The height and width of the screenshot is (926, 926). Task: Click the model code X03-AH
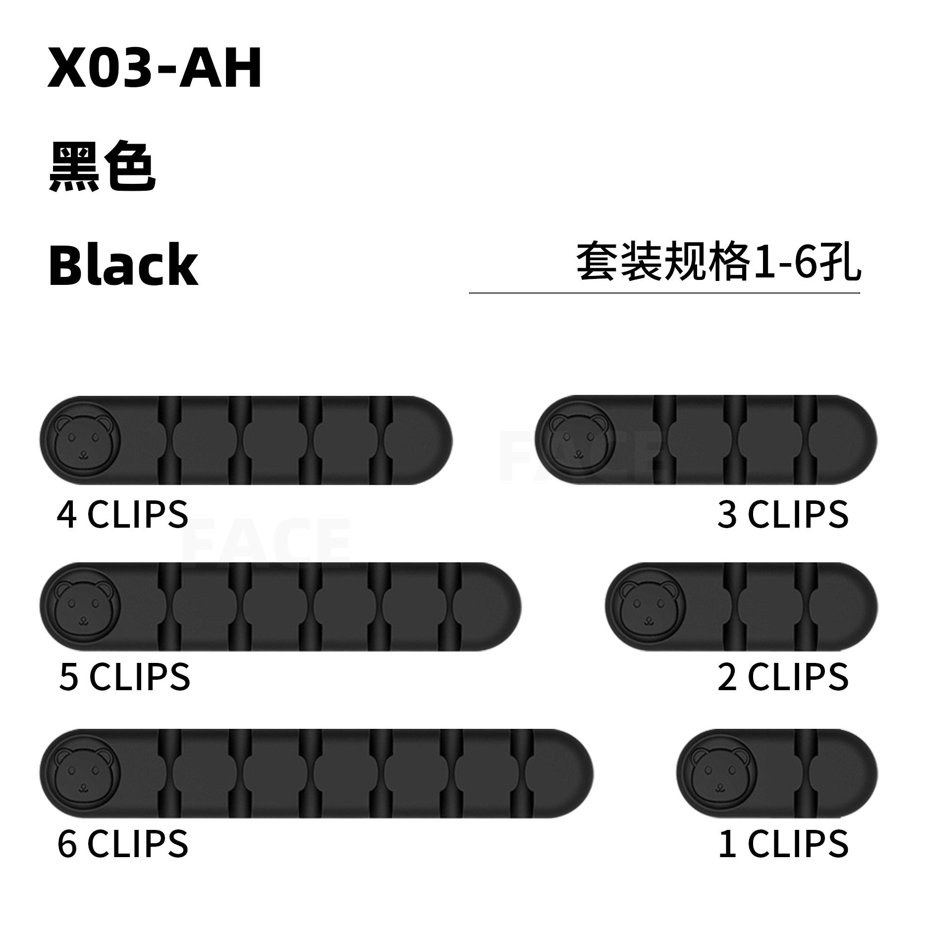click(x=155, y=70)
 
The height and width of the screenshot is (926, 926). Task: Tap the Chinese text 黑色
click(x=103, y=169)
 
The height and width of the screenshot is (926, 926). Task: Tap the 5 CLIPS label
click(x=124, y=677)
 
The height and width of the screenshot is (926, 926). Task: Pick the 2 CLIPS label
click(x=783, y=677)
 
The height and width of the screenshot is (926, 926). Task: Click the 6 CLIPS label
click(x=122, y=844)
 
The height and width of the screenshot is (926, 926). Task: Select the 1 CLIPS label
click(x=783, y=844)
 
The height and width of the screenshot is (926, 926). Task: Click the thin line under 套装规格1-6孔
click(x=664, y=293)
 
